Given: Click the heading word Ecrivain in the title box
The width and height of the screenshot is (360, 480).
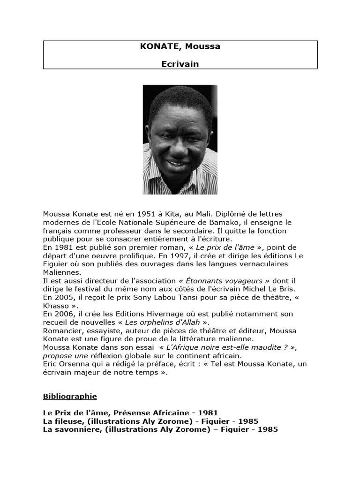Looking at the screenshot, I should [180, 64].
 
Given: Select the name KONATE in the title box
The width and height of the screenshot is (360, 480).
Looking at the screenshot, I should [156, 47].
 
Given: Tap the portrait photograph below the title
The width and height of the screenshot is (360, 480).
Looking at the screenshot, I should [180, 139].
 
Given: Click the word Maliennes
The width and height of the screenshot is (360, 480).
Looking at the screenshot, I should [62, 272].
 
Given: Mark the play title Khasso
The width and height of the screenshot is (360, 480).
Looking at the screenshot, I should [55, 305].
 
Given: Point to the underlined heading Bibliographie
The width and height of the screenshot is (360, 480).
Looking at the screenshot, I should [70, 397].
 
